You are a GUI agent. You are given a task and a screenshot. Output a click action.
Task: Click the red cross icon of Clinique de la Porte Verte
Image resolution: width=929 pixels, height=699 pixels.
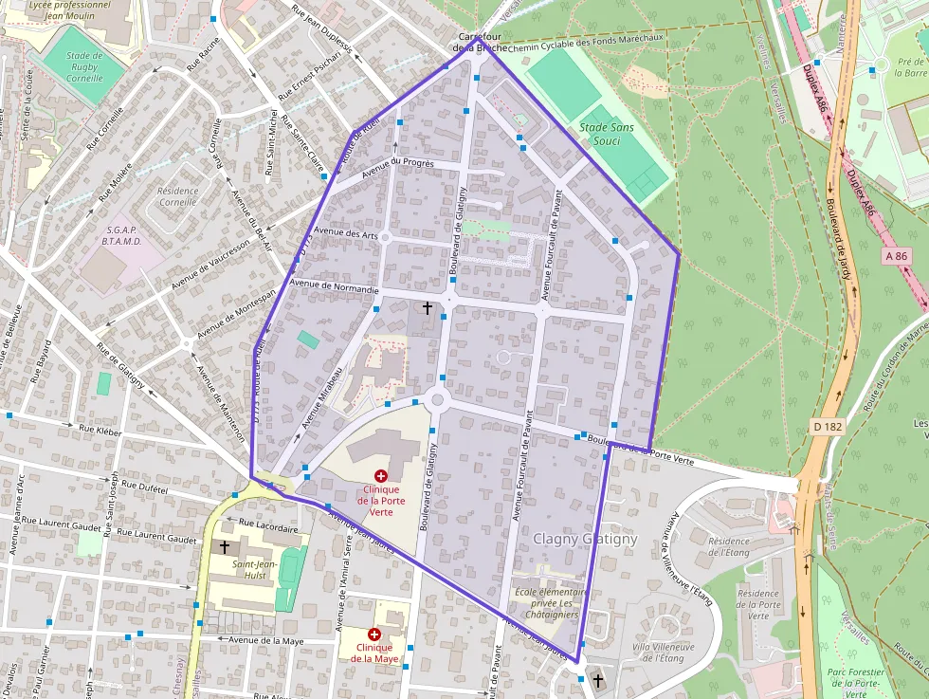coord(381,475)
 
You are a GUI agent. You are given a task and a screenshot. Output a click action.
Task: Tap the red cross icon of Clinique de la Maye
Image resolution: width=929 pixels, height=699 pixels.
coord(374,634)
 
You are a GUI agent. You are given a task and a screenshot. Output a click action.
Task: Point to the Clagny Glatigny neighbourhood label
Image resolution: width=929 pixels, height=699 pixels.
coord(585,539)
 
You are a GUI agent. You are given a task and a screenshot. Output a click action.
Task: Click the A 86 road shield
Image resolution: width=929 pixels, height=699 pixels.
coord(896,256)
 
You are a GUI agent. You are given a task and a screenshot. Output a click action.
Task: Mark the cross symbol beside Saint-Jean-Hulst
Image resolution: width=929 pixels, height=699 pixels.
coord(225,547)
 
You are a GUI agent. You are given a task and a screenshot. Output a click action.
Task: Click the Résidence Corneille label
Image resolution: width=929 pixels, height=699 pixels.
coord(178,196)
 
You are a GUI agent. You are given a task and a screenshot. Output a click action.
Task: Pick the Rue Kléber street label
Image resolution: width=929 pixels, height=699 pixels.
coord(101,430)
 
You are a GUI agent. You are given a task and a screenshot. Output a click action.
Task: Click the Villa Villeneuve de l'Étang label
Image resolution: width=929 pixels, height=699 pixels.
coord(664,653)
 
